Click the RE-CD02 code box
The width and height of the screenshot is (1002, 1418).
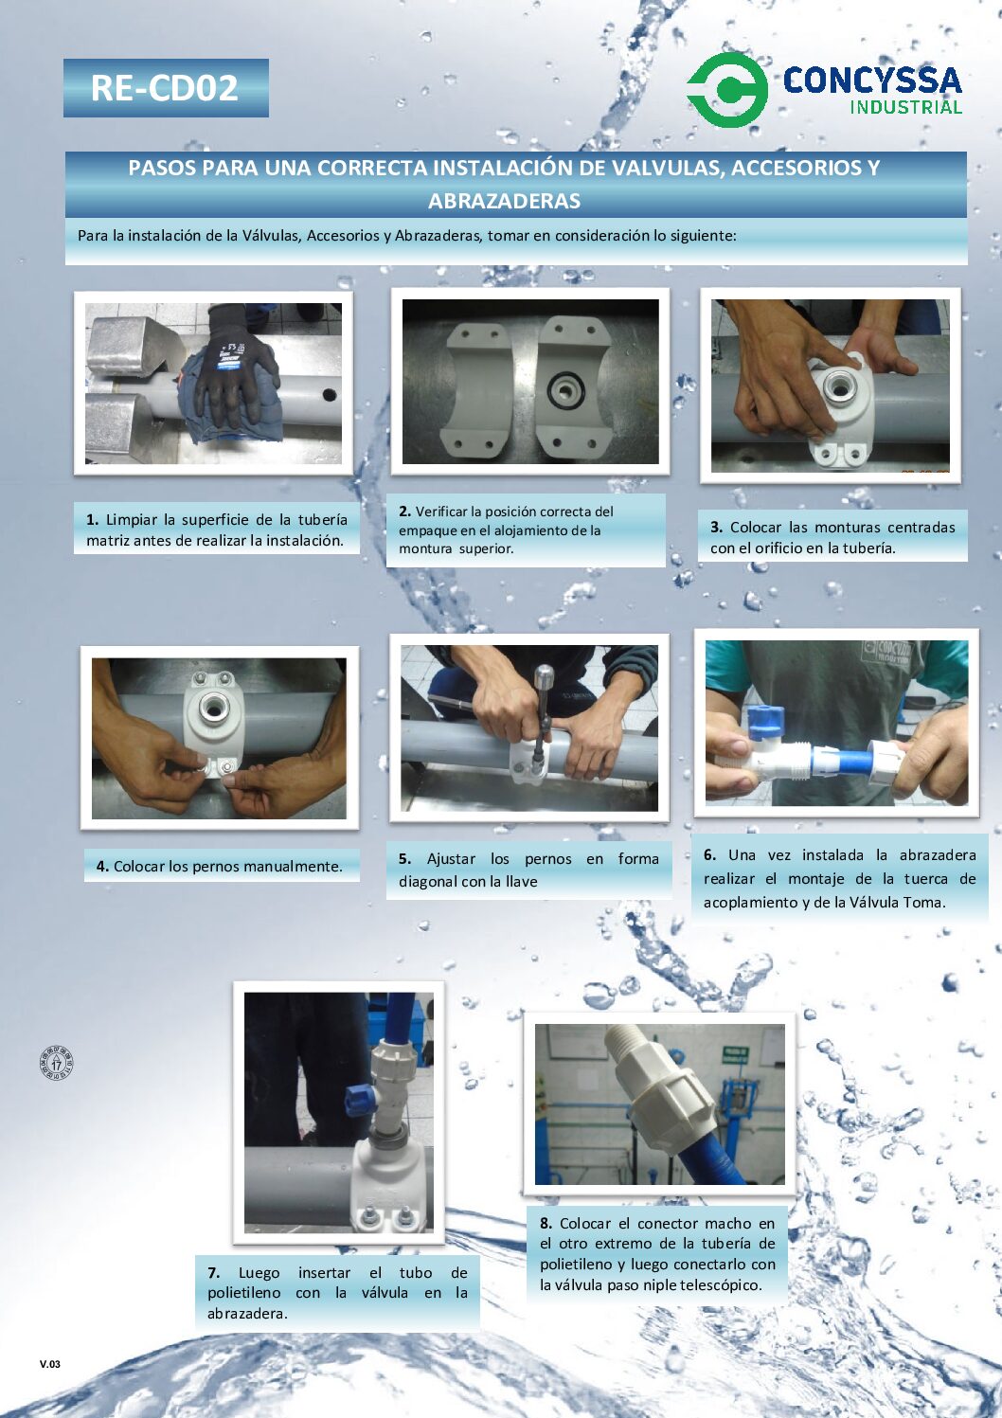coord(166,88)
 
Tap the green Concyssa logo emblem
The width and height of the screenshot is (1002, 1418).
coord(727,89)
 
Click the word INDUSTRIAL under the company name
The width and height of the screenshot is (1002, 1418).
coord(905,106)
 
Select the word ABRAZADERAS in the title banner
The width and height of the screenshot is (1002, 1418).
coord(505,202)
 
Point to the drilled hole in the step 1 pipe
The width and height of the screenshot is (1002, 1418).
coord(330,395)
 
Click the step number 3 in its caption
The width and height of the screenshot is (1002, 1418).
coord(716,528)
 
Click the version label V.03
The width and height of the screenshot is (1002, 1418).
coord(50,1364)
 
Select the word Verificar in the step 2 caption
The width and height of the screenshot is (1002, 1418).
coord(440,512)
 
